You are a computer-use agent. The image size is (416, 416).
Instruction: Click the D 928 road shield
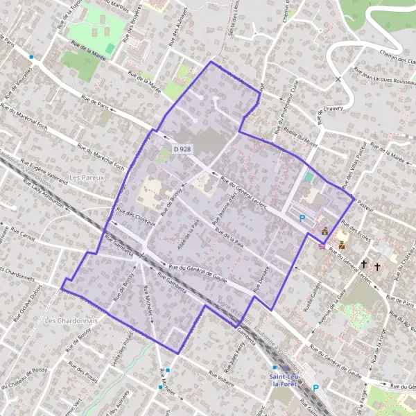182,149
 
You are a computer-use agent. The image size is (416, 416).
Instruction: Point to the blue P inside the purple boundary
302,218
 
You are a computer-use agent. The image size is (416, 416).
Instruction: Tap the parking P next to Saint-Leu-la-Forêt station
315,388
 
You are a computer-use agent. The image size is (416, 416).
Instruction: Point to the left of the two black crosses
364,264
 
